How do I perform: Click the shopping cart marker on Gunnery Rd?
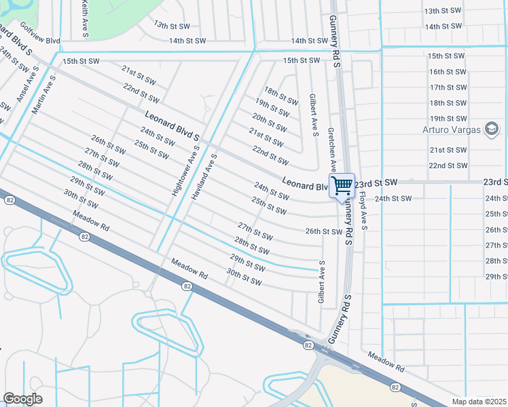(x=342, y=185)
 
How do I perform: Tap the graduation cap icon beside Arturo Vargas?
(x=491, y=129)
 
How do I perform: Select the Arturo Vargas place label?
(x=451, y=129)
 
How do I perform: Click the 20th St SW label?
(x=269, y=122)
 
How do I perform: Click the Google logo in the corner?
(x=22, y=399)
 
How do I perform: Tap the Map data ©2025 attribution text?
(x=479, y=402)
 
